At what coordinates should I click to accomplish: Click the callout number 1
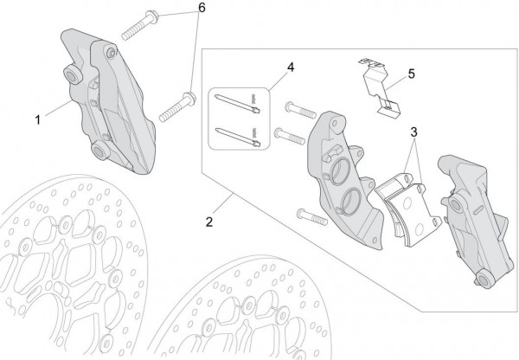pos(38,120)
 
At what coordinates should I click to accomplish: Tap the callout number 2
pos(208,222)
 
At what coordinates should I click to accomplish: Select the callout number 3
pos(413,132)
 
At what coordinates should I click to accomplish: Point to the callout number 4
pos(291,67)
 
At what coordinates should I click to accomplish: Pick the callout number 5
pos(411,74)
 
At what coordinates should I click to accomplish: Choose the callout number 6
pos(202,8)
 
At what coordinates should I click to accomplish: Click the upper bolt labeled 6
pos(140,25)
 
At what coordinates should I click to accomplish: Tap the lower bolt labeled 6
pos(177,106)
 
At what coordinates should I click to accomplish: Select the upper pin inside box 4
pos(237,103)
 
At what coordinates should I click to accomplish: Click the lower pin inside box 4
pos(238,137)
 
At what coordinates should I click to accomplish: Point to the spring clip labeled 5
pos(380,87)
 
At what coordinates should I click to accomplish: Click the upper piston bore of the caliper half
pos(340,170)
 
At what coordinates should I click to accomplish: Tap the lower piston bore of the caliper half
pos(351,202)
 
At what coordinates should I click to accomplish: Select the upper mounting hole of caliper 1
pos(73,76)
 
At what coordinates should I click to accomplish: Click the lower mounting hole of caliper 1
pos(99,151)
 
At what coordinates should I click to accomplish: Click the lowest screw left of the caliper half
pos(312,217)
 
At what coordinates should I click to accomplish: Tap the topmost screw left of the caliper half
pos(300,110)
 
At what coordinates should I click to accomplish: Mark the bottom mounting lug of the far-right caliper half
pos(485,280)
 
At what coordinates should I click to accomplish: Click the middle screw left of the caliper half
pos(289,136)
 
